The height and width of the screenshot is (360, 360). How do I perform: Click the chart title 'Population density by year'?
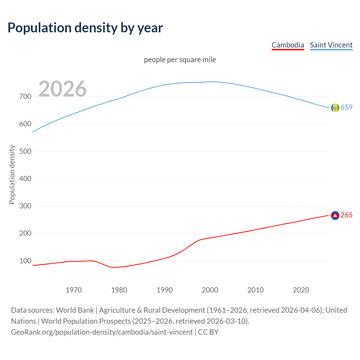[85, 28]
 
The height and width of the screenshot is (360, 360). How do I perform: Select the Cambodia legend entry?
[288, 45]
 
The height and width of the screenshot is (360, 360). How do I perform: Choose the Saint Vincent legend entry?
[331, 45]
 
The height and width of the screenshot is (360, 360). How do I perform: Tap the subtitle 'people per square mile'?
[180, 60]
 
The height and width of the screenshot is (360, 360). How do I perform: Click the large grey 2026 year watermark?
[62, 89]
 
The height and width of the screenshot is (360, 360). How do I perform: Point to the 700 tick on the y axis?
[25, 96]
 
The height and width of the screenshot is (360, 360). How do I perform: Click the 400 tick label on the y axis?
[25, 179]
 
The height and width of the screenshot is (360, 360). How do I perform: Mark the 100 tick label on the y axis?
[25, 261]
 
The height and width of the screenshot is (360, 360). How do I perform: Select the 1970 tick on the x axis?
[74, 290]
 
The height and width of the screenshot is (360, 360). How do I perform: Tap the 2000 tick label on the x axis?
[210, 290]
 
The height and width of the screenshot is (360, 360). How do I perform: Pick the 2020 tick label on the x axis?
[301, 290]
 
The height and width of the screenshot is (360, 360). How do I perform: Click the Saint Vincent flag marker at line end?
[335, 107]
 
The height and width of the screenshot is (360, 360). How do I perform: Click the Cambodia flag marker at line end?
[335, 215]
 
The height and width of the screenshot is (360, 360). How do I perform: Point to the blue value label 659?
[346, 107]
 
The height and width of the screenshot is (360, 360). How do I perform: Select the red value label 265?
[346, 215]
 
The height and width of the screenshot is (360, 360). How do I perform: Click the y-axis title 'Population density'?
[12, 174]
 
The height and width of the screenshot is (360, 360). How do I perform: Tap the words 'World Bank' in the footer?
[75, 310]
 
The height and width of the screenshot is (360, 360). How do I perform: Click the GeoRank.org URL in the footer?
[102, 332]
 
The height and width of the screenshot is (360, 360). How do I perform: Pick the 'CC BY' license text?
[208, 332]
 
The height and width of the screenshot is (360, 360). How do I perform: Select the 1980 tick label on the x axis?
[119, 290]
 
